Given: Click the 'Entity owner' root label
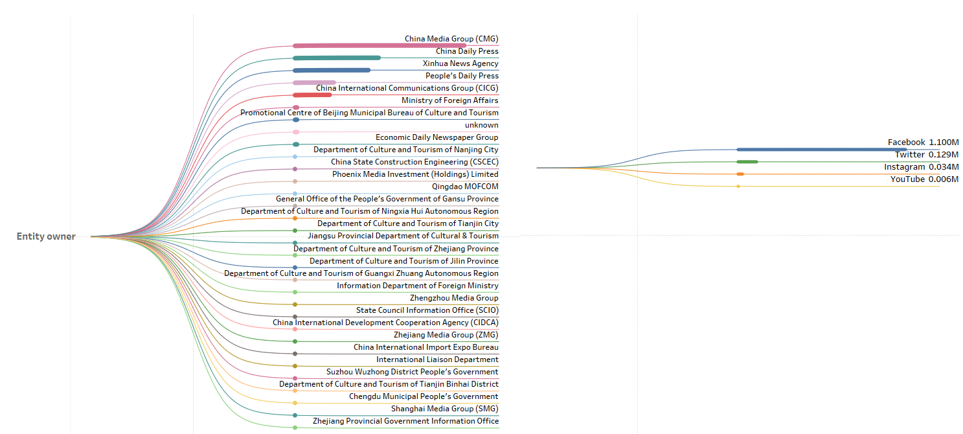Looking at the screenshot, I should [x=46, y=236].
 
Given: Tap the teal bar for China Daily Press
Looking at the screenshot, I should [x=337, y=58].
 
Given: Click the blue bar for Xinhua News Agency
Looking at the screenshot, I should [x=332, y=70].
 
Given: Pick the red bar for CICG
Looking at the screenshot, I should [x=312, y=95].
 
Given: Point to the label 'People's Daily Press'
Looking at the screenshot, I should [x=462, y=76].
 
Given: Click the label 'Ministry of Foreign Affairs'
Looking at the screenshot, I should [x=449, y=100].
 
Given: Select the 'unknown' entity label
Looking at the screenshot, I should [x=481, y=125].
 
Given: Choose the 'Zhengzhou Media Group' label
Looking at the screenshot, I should [x=454, y=298].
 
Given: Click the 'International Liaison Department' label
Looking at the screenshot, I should [x=437, y=360].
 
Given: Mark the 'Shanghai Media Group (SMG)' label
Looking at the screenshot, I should [x=444, y=409].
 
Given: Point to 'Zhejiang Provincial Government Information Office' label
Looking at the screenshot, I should [x=405, y=421].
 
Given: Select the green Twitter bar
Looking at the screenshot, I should [x=747, y=162].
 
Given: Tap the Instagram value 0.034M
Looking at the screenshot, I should [x=944, y=167].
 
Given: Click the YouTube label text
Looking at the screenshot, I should [x=907, y=179].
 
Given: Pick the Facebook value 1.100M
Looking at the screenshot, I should [x=944, y=143].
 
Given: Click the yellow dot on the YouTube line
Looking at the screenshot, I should [x=738, y=187].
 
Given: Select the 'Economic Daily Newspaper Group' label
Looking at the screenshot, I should [x=436, y=137].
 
